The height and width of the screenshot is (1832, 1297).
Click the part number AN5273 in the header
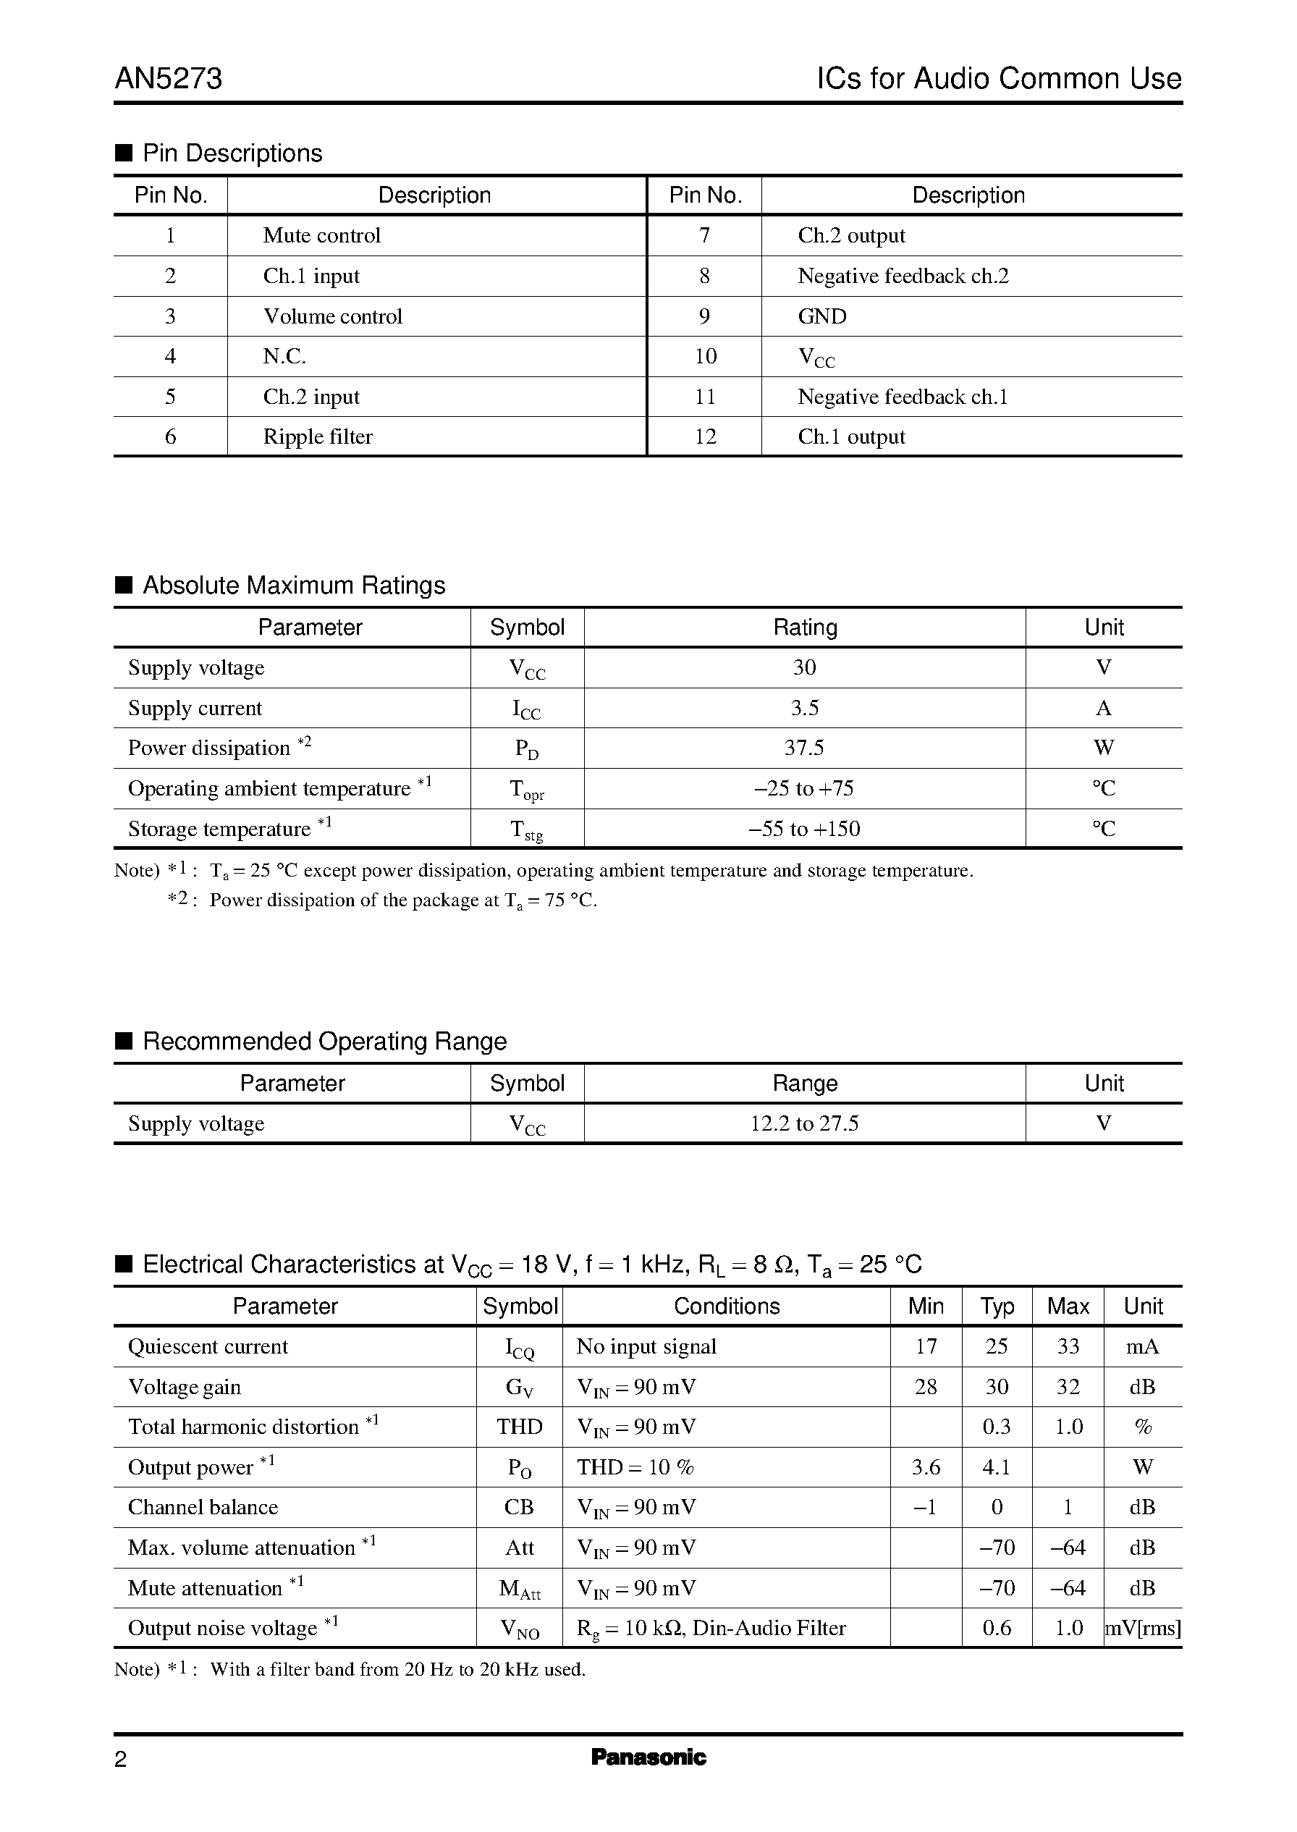coord(169,78)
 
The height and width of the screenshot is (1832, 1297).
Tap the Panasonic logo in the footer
coord(648,1757)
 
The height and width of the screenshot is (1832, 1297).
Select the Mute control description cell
coord(322,235)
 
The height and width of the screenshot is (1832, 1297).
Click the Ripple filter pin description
coord(318,437)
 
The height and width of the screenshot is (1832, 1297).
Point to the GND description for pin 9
coord(821,316)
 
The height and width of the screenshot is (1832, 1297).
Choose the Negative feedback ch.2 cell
coord(903,277)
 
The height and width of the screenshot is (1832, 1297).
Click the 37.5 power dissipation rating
coord(803,748)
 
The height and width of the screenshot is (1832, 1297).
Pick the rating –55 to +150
coord(803,829)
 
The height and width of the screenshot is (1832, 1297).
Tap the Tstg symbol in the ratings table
coord(526,830)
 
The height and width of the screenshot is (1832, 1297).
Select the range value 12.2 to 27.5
coord(803,1123)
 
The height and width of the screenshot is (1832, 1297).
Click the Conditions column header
coord(726,1306)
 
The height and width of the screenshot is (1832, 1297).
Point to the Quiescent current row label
coord(208,1346)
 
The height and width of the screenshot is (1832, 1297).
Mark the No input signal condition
coord(646,1346)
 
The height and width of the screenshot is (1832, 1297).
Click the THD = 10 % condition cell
coord(635,1467)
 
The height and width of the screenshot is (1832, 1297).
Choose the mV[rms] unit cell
coord(1142,1629)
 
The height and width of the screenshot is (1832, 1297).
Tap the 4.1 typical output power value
coord(996,1467)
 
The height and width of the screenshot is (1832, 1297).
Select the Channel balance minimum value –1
coord(925,1507)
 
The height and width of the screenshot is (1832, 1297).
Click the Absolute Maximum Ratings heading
coord(293,586)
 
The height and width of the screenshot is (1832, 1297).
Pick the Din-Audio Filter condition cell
coord(711,1629)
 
